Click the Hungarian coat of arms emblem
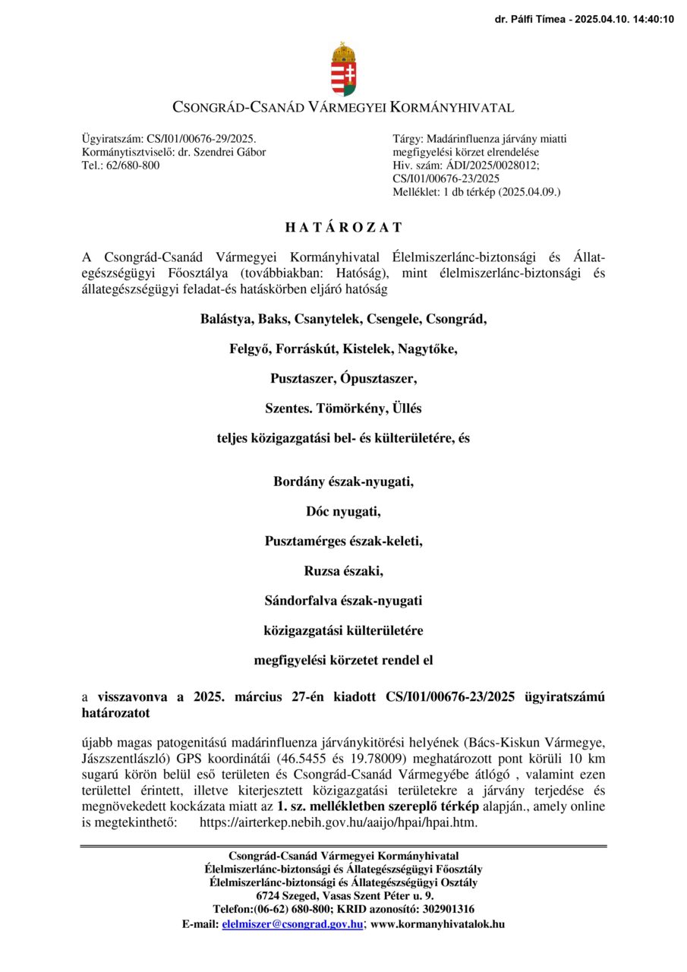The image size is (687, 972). (343, 69)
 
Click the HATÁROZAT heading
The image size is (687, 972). (343, 227)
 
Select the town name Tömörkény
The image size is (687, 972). (351, 409)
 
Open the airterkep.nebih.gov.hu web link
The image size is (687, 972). (338, 822)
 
